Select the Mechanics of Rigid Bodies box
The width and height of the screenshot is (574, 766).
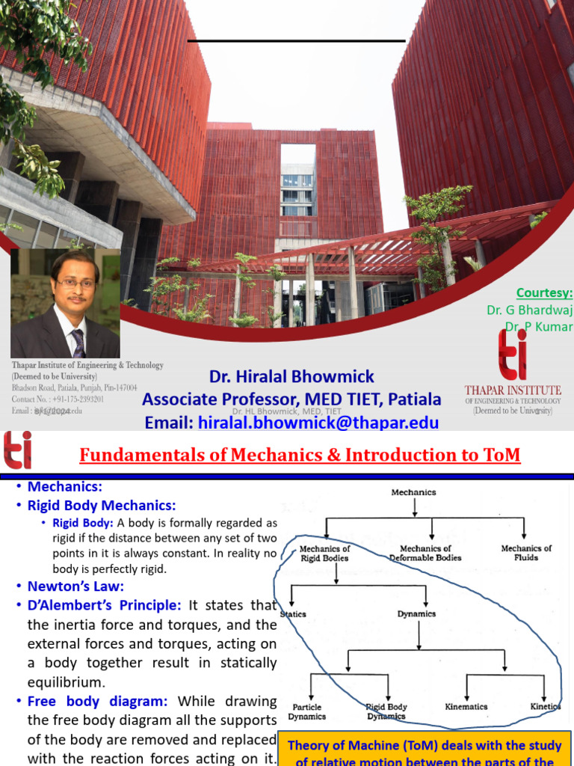point(325,553)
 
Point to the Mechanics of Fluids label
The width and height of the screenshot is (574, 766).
point(526,553)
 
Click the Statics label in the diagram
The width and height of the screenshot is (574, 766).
point(293,614)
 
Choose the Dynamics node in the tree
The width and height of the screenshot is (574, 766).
point(416,614)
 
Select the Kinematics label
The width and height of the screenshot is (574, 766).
point(466,706)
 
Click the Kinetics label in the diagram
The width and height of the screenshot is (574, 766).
point(545,706)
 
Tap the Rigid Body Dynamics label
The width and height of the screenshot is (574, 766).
point(386,711)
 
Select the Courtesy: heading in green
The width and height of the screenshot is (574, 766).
point(544,292)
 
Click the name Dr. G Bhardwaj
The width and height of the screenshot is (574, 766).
point(529,310)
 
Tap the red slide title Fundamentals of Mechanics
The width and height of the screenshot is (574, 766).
point(299,455)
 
